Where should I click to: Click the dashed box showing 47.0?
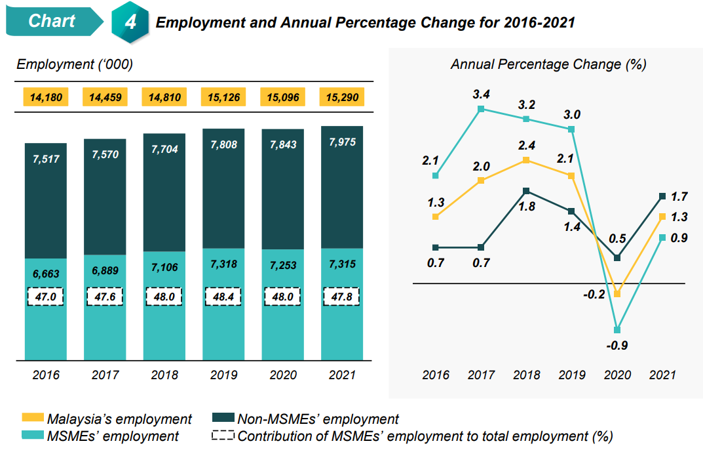click(46, 296)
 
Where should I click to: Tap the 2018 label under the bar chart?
click(164, 375)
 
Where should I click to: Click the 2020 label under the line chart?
click(617, 375)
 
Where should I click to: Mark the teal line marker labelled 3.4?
click(481, 109)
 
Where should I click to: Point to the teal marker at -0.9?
click(617, 329)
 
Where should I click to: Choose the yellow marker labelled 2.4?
click(526, 160)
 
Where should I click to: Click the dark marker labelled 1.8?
click(526, 191)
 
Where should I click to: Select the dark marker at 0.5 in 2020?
click(617, 257)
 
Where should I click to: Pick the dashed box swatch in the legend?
click(223, 435)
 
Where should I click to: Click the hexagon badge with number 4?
click(131, 22)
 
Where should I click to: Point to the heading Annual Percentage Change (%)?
click(548, 64)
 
